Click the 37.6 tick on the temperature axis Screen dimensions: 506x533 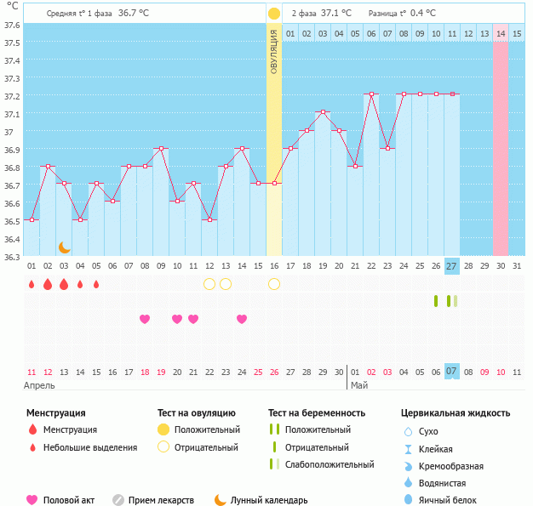click(11, 26)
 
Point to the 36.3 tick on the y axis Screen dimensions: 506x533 click(11, 256)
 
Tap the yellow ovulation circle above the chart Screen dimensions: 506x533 click(274, 14)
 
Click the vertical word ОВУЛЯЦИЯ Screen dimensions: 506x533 click(274, 52)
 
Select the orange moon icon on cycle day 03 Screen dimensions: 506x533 click(64, 247)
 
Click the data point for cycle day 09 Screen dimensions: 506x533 click(161, 148)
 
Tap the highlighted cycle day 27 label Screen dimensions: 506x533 click(452, 266)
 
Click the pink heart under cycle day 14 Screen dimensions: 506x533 click(242, 319)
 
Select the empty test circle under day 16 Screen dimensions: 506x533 click(274, 284)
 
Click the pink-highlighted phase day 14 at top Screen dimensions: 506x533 click(501, 33)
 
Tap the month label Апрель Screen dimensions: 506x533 click(40, 385)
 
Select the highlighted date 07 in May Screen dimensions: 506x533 click(452, 372)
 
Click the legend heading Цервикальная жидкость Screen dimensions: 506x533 click(456, 413)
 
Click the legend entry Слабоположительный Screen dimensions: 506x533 click(330, 464)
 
